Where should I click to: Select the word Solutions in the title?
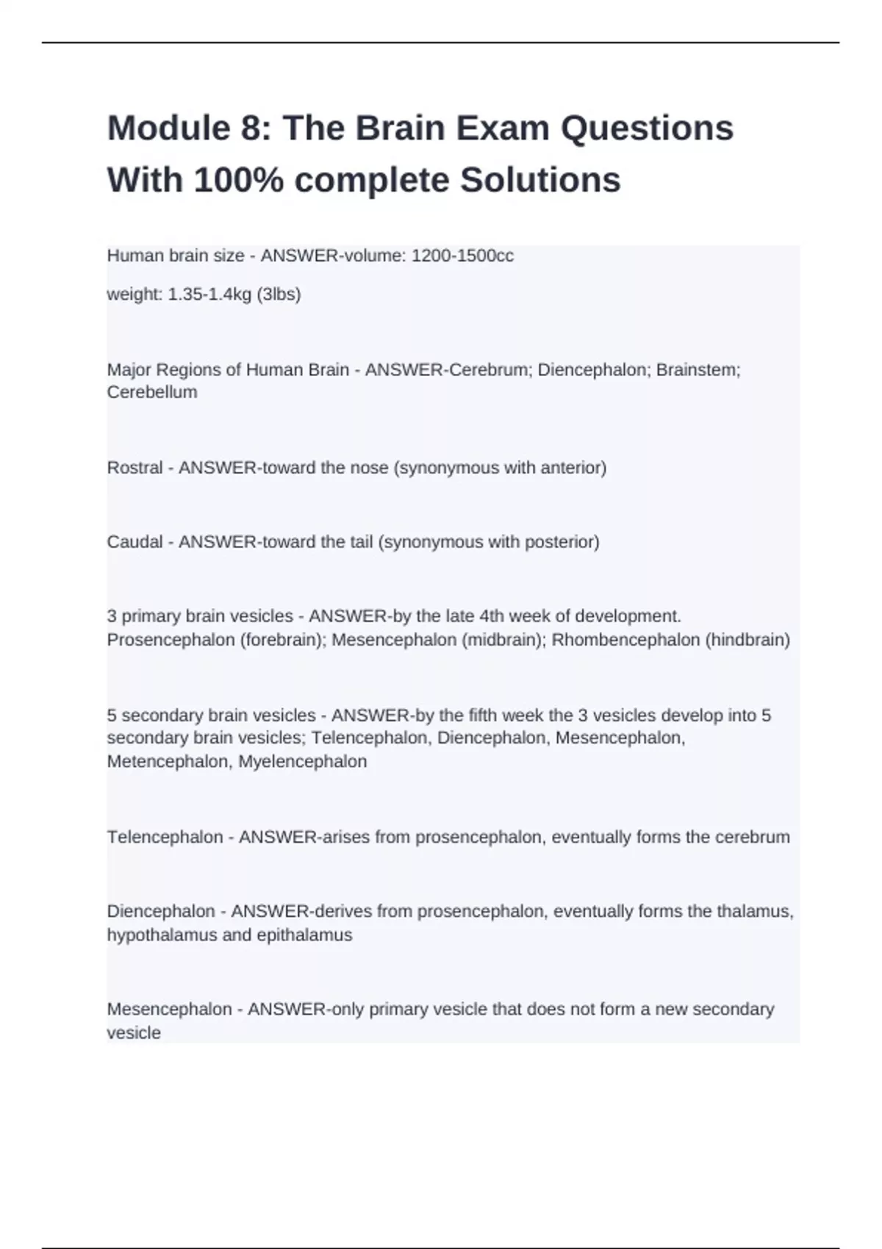(x=540, y=180)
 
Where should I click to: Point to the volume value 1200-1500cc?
(x=462, y=256)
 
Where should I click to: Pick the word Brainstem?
(x=698, y=370)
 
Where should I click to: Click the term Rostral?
(x=135, y=468)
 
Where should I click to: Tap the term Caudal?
(x=135, y=542)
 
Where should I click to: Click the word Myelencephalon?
(x=302, y=762)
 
